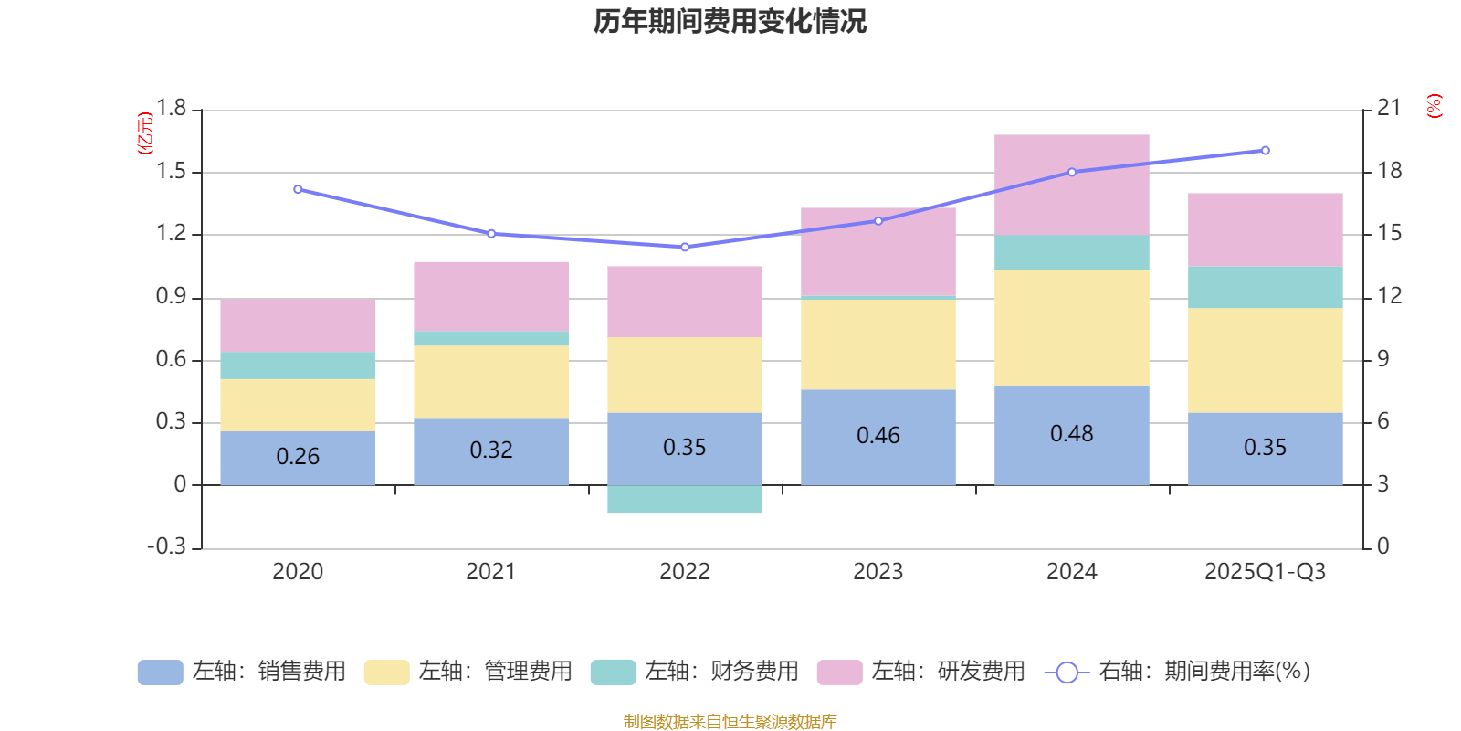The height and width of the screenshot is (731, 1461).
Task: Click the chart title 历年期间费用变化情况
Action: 730,21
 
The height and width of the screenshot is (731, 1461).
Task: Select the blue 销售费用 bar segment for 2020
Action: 298,457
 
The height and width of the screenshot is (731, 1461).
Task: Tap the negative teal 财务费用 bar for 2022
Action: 685,500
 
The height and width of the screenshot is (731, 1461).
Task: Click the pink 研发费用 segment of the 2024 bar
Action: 1072,185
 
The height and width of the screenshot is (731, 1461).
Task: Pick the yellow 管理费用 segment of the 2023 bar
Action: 878,344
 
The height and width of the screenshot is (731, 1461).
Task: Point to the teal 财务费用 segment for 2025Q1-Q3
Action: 1266,287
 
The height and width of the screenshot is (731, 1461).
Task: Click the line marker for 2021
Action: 491,234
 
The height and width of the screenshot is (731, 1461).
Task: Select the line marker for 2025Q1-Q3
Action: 1266,151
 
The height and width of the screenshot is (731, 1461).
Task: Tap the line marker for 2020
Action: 298,189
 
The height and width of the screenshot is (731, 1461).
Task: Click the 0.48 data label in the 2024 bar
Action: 1072,434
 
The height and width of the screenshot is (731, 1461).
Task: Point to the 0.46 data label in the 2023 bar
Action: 878,436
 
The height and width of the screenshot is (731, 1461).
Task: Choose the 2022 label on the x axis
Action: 685,572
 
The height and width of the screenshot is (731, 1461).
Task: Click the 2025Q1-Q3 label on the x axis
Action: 1266,572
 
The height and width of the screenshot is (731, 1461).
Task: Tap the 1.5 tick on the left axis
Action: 171,172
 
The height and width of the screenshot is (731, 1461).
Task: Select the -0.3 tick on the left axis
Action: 166,546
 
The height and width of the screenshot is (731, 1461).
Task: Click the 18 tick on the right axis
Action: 1390,171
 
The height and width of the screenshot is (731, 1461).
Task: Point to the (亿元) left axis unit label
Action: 144,133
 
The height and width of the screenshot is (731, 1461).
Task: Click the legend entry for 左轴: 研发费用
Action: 922,672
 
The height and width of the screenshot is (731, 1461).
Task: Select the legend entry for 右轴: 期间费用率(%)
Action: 1178,672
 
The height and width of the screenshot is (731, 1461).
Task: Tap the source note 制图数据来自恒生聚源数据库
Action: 730,722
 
